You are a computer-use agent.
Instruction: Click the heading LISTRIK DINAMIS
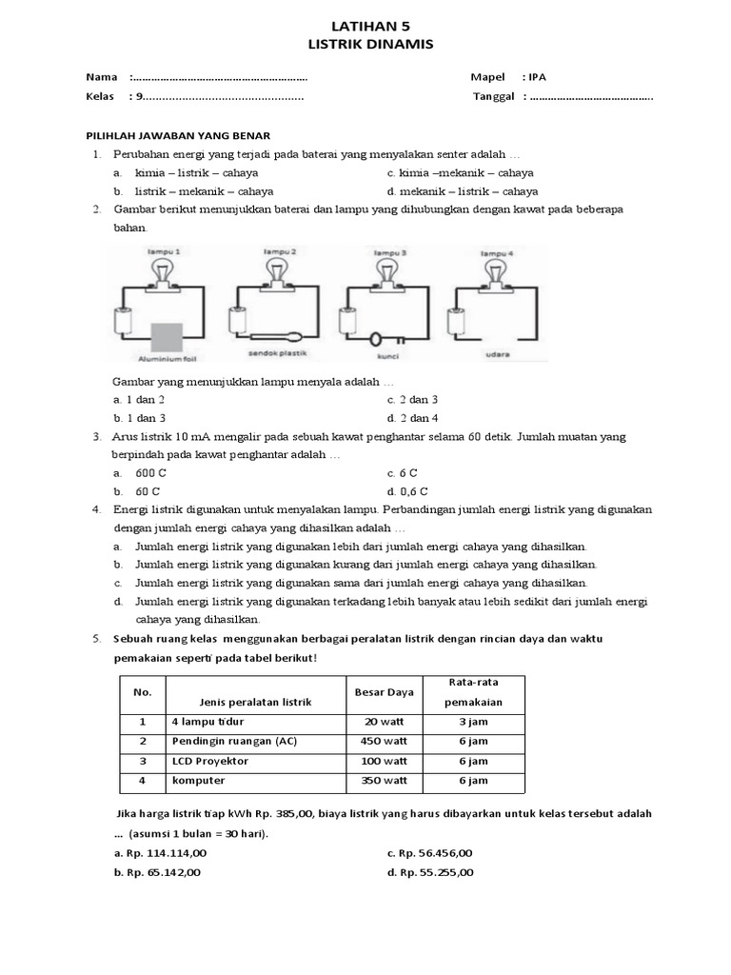(365, 44)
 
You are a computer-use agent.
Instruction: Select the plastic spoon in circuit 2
(277, 335)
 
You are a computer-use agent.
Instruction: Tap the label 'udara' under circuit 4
(496, 354)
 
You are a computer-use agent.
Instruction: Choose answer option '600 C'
(150, 472)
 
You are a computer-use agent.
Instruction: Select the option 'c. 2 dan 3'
(412, 400)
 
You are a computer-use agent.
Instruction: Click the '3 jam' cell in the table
(473, 722)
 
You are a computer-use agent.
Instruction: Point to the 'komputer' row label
(199, 780)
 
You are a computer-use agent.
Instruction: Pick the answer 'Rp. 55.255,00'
(429, 871)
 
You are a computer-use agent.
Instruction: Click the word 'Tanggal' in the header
(493, 96)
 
